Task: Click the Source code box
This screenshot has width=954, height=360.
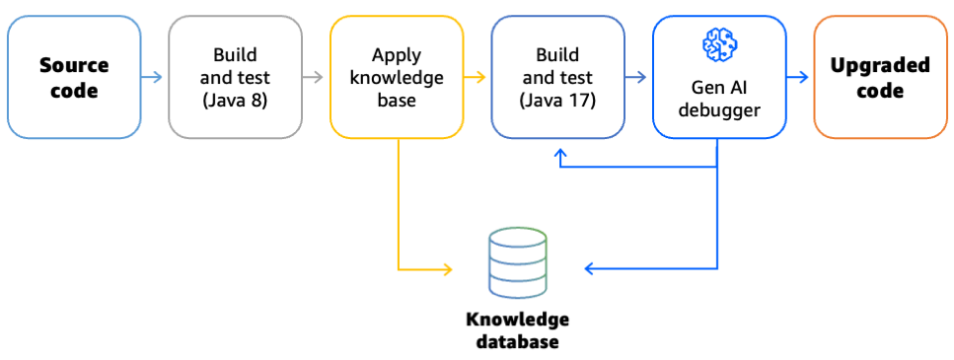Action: click(x=74, y=77)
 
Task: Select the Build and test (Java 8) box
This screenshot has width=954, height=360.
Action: click(x=235, y=77)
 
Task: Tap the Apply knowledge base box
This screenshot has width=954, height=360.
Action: click(x=397, y=77)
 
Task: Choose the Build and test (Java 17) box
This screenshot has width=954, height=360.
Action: click(x=557, y=77)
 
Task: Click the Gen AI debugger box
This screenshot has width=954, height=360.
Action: click(x=719, y=77)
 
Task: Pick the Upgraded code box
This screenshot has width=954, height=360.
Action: click(x=880, y=77)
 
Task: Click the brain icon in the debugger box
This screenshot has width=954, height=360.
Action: click(x=719, y=42)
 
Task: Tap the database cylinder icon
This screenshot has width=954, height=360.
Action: click(x=517, y=263)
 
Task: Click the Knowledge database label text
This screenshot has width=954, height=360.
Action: click(x=517, y=330)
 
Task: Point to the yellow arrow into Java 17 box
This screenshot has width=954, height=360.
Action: click(x=477, y=76)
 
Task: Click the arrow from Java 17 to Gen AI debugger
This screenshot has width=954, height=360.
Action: click(x=638, y=76)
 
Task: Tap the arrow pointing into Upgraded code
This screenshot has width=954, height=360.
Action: click(x=799, y=76)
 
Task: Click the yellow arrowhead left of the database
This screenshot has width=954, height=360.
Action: click(x=447, y=268)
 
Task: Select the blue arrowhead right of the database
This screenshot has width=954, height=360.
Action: click(x=590, y=268)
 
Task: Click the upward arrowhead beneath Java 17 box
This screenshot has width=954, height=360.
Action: click(x=559, y=154)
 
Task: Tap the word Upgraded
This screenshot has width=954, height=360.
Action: click(x=880, y=66)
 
